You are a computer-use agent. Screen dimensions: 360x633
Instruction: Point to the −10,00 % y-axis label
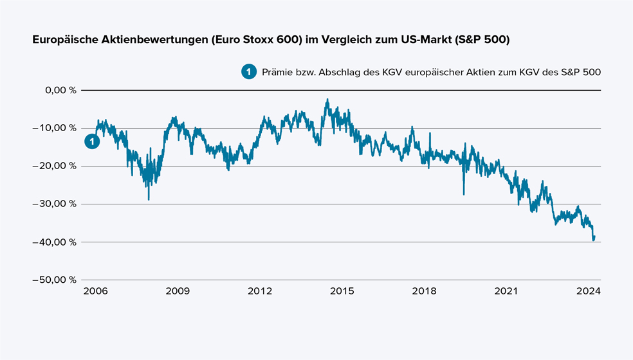point(57,128)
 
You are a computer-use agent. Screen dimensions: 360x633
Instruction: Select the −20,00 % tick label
point(57,166)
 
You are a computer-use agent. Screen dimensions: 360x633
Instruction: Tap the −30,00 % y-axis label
point(57,204)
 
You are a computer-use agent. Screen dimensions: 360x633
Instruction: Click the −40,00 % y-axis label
point(57,242)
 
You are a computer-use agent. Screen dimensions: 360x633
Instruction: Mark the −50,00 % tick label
point(57,280)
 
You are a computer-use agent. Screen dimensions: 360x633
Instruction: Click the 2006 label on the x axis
point(96,291)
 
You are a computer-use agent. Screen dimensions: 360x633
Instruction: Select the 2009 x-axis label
point(178,291)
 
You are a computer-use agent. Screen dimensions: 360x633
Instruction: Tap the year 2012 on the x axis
point(260,291)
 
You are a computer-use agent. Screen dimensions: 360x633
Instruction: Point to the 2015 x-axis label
point(342,291)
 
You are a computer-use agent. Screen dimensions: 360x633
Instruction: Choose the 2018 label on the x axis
point(424,291)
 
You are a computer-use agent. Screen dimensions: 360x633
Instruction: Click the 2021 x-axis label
point(506,291)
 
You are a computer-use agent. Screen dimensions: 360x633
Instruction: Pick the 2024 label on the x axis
point(588,291)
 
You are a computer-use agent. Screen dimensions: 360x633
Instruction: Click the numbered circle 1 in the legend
point(248,72)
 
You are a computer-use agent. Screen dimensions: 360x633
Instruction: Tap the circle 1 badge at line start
point(93,141)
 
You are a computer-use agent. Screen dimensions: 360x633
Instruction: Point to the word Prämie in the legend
point(277,72)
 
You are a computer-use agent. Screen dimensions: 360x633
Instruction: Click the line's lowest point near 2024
point(593,240)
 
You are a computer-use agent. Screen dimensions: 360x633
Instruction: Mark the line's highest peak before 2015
point(327,100)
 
